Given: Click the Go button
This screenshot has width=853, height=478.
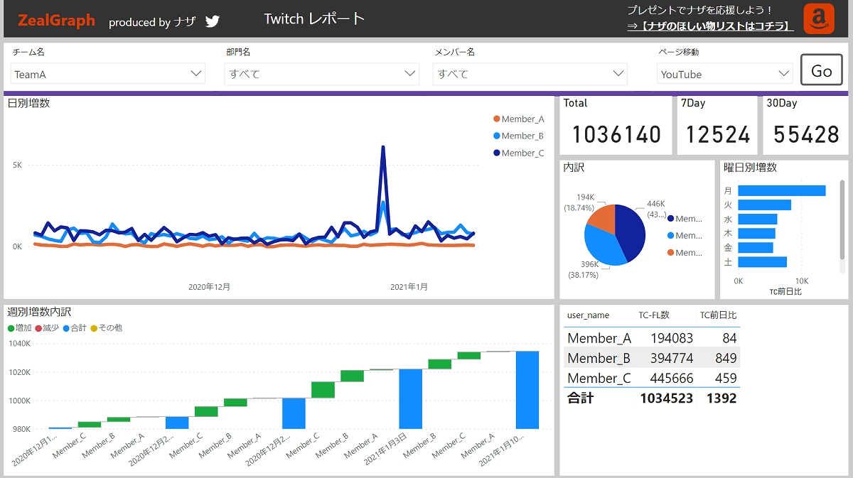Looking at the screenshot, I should click(821, 70).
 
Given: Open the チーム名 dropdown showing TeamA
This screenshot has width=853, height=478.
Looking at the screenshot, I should click(108, 74).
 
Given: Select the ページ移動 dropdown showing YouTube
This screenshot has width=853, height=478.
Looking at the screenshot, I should click(724, 74).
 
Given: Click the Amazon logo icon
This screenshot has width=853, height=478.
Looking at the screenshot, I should click(819, 19).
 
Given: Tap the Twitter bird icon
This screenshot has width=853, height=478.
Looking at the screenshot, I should click(213, 21).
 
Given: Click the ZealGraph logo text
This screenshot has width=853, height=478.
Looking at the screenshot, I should click(56, 21).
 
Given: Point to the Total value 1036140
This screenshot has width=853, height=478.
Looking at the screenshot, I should click(616, 134).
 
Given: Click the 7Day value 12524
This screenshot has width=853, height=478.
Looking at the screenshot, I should click(717, 134).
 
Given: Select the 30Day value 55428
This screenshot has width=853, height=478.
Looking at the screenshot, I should click(806, 134).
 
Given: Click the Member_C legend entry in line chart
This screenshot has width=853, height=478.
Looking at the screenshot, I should click(522, 153).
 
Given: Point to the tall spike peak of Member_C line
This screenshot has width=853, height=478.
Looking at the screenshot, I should click(383, 148).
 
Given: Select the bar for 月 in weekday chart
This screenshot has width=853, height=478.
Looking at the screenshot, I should click(781, 190).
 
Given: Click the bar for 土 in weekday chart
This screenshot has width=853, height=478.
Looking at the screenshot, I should click(762, 262).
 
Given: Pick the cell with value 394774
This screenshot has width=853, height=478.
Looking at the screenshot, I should click(672, 358).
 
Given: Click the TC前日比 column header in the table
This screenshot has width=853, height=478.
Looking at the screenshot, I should click(718, 315).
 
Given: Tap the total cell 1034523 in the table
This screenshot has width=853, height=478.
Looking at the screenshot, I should click(666, 398).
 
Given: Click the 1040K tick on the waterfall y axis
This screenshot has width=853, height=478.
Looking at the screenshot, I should click(19, 344).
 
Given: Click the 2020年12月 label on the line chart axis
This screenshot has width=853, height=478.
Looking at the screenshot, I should click(209, 287).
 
